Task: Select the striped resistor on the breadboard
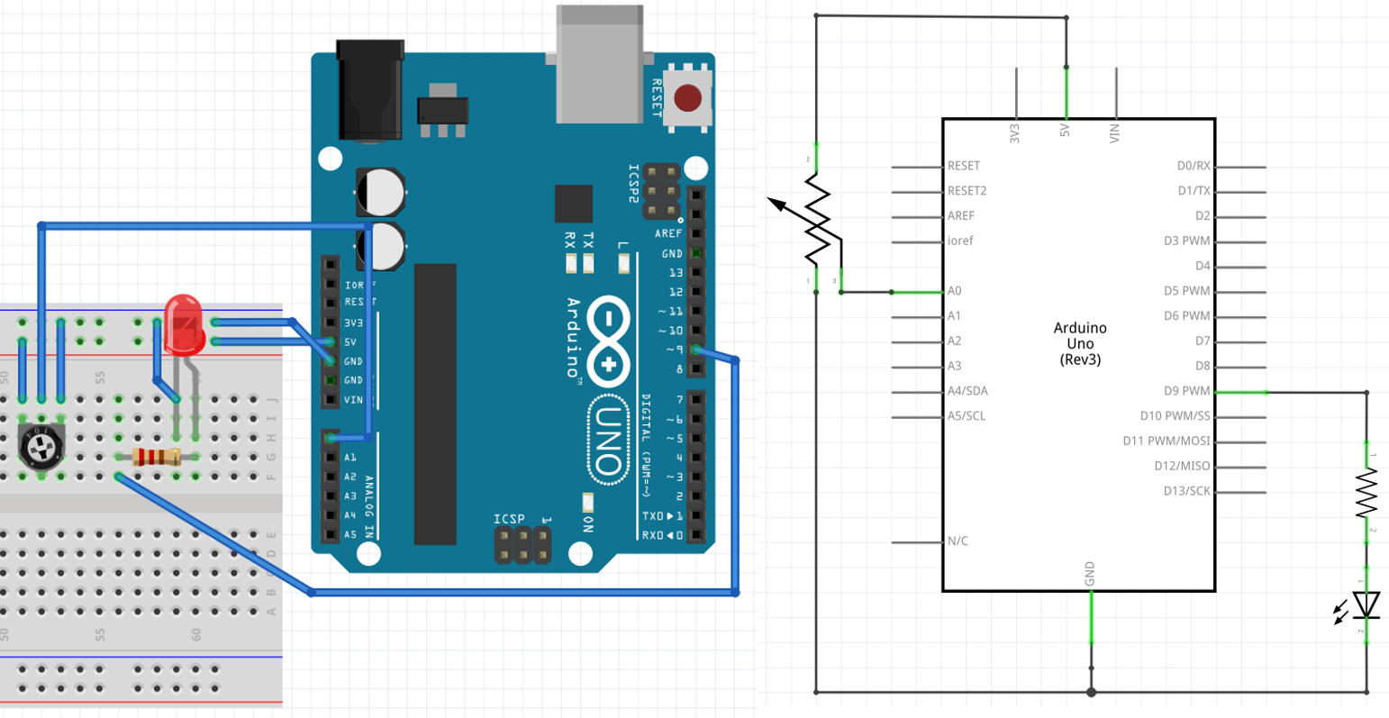[x=158, y=457]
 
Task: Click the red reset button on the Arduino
[x=688, y=97]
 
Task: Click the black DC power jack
[x=369, y=90]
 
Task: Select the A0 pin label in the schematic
[x=955, y=291]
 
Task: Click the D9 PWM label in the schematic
[x=1187, y=391]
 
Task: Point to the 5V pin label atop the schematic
[x=1065, y=131]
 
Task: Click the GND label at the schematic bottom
[x=1090, y=573]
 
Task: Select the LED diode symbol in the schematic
[x=1366, y=604]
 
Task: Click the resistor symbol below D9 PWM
[x=1366, y=493]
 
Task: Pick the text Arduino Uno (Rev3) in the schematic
[x=1080, y=343]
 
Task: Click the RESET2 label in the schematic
[x=967, y=191]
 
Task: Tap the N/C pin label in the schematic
[x=958, y=541]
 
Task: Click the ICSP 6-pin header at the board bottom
[x=522, y=545]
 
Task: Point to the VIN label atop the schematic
[x=1115, y=133]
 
